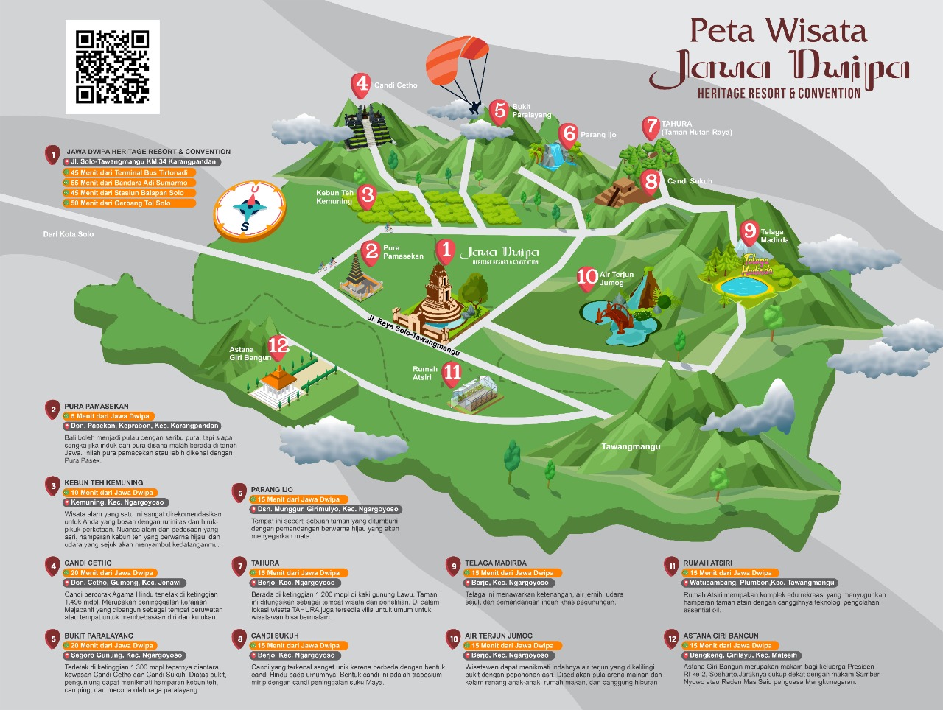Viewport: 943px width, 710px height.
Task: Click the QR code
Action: coord(113,66)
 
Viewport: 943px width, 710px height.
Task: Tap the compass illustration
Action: coord(249,210)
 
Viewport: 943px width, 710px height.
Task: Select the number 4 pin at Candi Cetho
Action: coord(362,85)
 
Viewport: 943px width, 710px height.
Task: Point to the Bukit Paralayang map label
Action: coord(532,110)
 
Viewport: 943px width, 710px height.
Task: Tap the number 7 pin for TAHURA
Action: coord(651,127)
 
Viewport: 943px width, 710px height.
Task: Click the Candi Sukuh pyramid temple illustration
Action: coord(617,193)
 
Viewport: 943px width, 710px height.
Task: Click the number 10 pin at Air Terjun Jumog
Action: coord(587,276)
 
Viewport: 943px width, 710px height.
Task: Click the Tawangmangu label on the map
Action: coord(631,446)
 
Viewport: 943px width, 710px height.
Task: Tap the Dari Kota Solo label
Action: coord(69,234)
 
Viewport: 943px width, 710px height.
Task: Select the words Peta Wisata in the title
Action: coord(778,31)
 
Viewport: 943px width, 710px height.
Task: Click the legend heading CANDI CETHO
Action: coord(88,563)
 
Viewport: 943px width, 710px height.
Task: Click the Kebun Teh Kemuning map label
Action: coord(334,197)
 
